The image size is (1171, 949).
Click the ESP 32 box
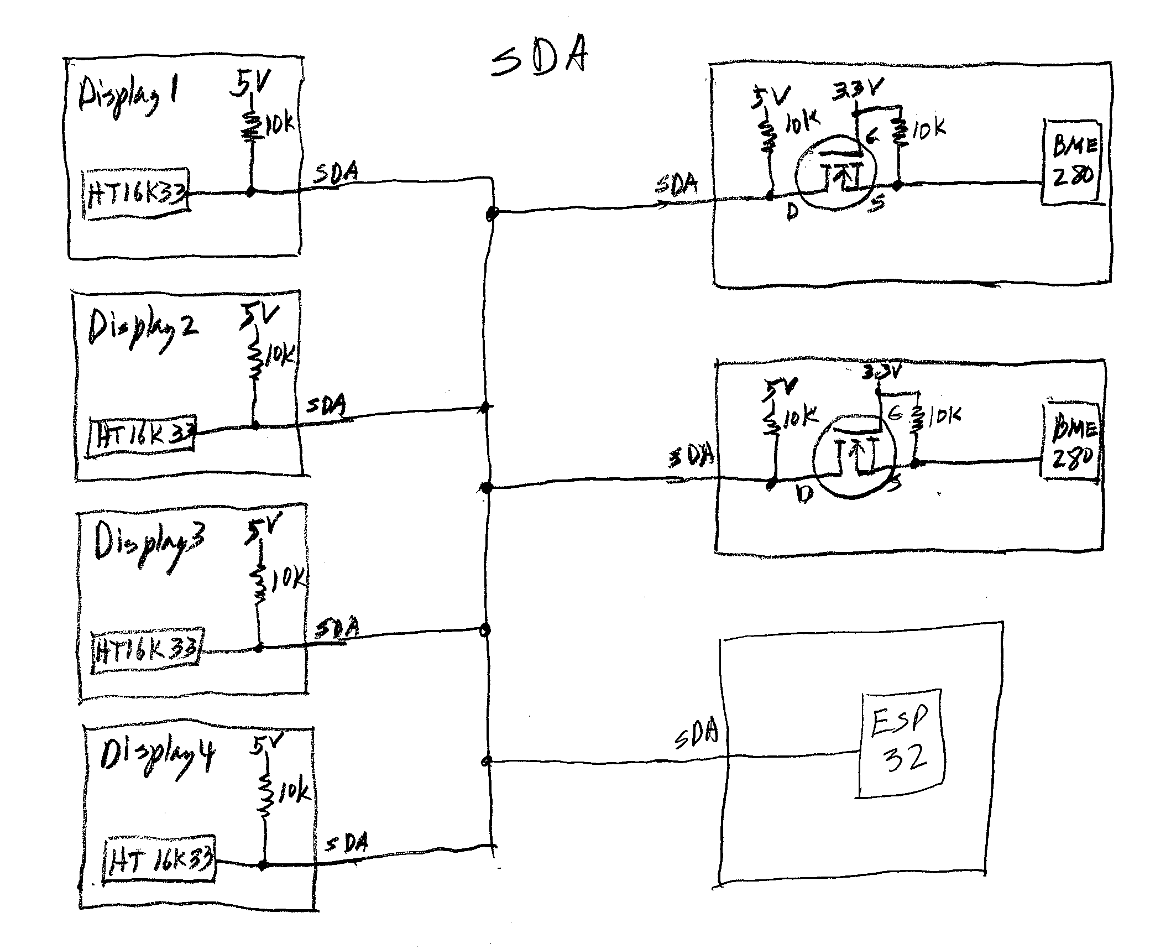coord(900,743)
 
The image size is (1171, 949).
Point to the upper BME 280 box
coord(1070,162)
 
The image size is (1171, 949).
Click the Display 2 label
coord(142,330)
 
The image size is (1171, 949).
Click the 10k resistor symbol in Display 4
coord(266,796)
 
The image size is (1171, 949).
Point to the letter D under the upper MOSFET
coord(792,212)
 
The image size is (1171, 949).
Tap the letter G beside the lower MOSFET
coord(894,414)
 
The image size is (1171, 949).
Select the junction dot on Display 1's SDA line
coord(251,192)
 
